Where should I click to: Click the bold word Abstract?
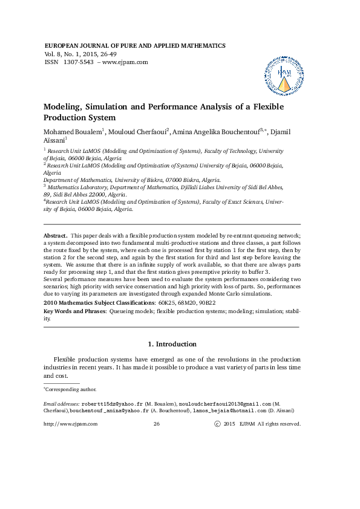pos(56,235)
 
